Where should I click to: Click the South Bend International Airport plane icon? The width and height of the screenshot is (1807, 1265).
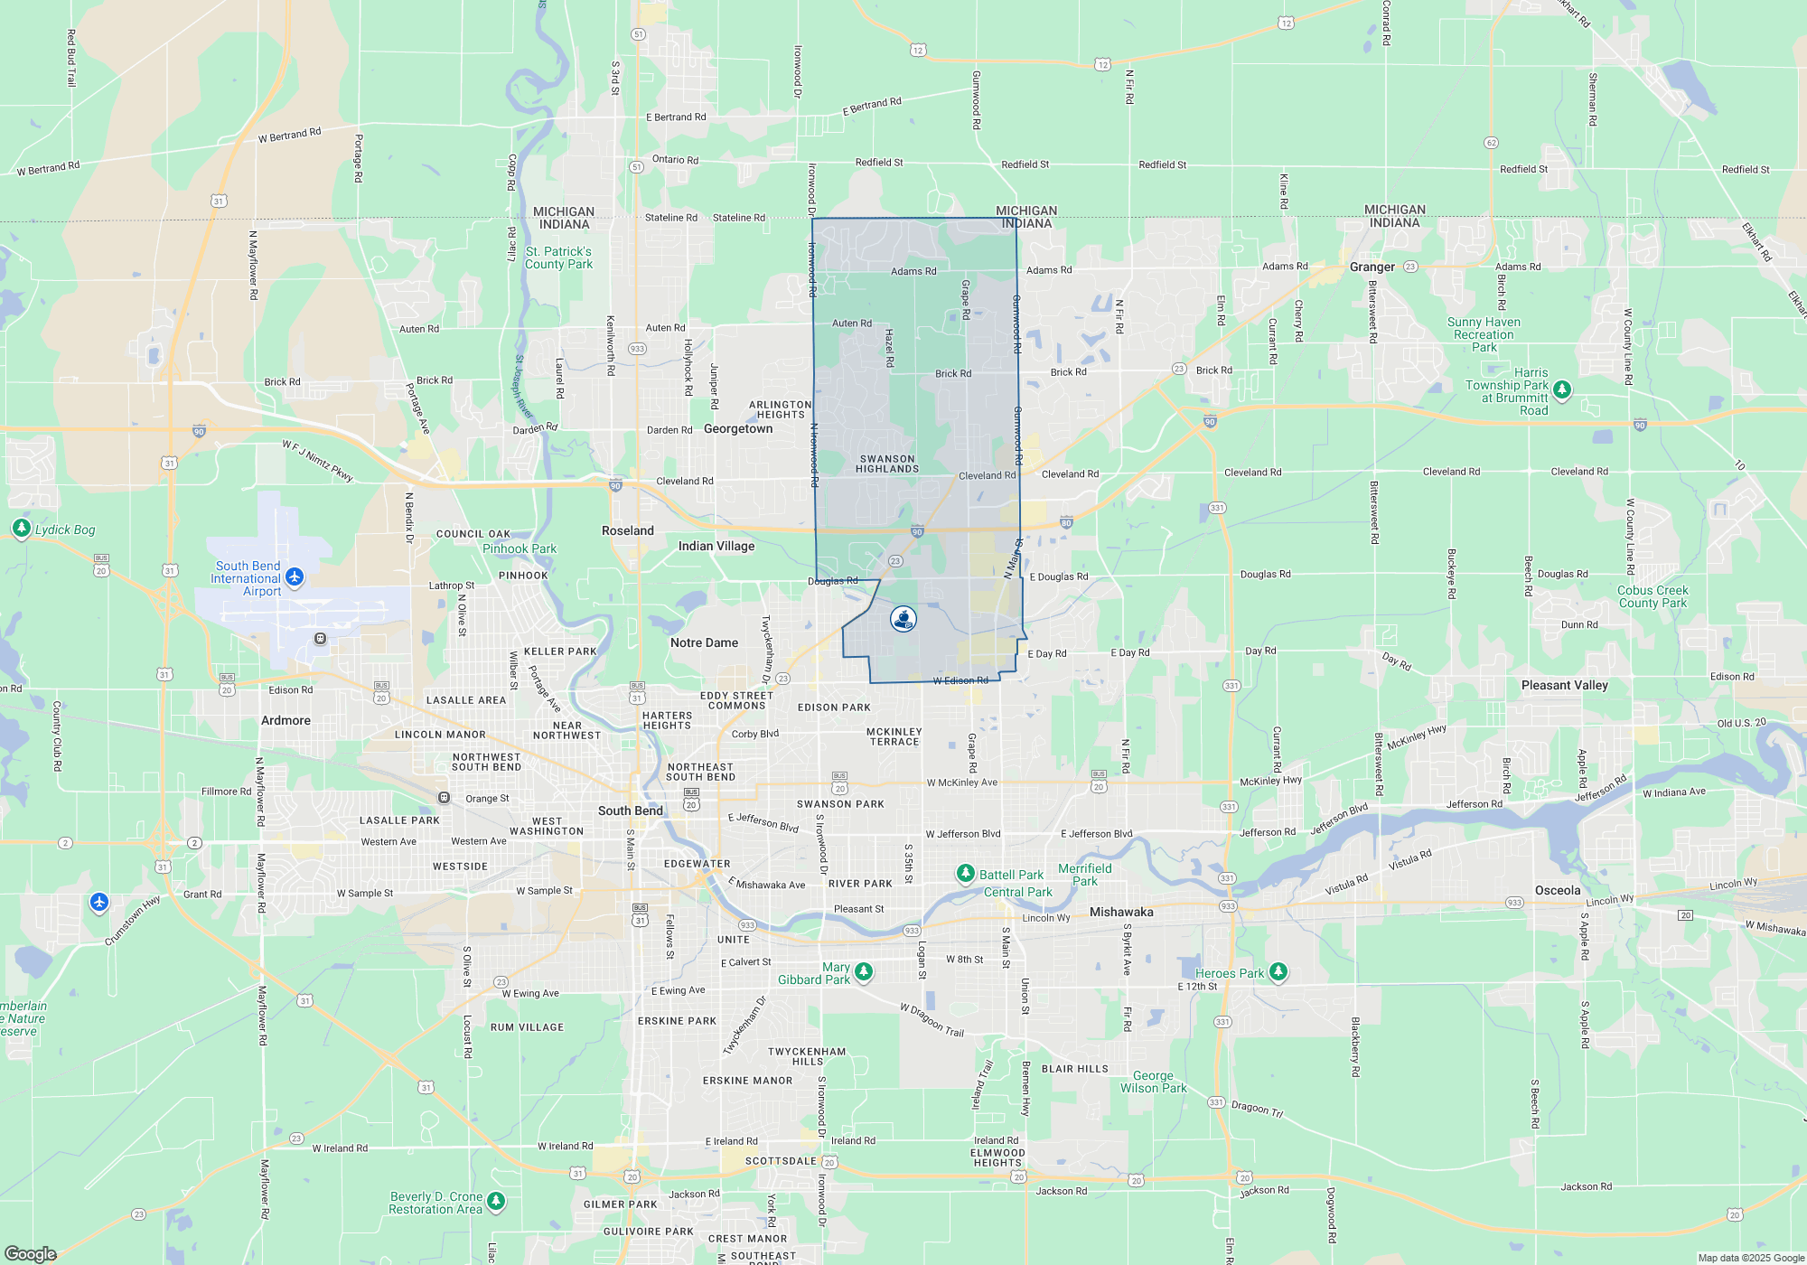click(x=295, y=576)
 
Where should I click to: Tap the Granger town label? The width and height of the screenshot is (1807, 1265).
click(x=1372, y=267)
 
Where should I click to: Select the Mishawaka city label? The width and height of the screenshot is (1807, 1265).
click(x=1121, y=913)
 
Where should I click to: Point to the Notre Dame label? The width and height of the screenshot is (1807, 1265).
click(x=704, y=643)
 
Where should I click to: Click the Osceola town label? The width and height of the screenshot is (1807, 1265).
click(x=1558, y=891)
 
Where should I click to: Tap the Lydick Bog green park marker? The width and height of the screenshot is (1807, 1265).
click(x=21, y=528)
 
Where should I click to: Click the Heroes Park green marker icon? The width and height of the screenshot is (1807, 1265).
click(x=1278, y=971)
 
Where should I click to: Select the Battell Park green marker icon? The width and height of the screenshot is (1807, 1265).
click(x=966, y=873)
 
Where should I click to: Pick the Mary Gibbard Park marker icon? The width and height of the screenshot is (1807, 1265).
click(x=864, y=971)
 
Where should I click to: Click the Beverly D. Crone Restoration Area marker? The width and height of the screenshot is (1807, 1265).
click(x=496, y=1200)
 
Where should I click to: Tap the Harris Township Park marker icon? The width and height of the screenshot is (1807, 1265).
click(x=1562, y=389)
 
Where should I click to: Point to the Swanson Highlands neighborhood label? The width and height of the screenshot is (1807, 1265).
click(x=887, y=464)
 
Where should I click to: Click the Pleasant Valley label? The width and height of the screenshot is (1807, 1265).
click(x=1564, y=686)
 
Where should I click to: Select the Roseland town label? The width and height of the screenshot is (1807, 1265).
click(x=627, y=531)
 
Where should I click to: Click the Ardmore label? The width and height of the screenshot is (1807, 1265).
click(x=286, y=721)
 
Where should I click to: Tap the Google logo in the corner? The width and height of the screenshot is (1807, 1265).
click(x=30, y=1254)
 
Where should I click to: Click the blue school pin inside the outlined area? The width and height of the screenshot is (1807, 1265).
click(x=903, y=619)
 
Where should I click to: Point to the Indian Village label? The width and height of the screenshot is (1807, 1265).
click(x=716, y=547)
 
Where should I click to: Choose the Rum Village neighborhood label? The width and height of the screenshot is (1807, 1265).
click(x=527, y=1027)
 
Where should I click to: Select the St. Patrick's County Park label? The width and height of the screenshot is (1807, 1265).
click(x=558, y=258)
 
